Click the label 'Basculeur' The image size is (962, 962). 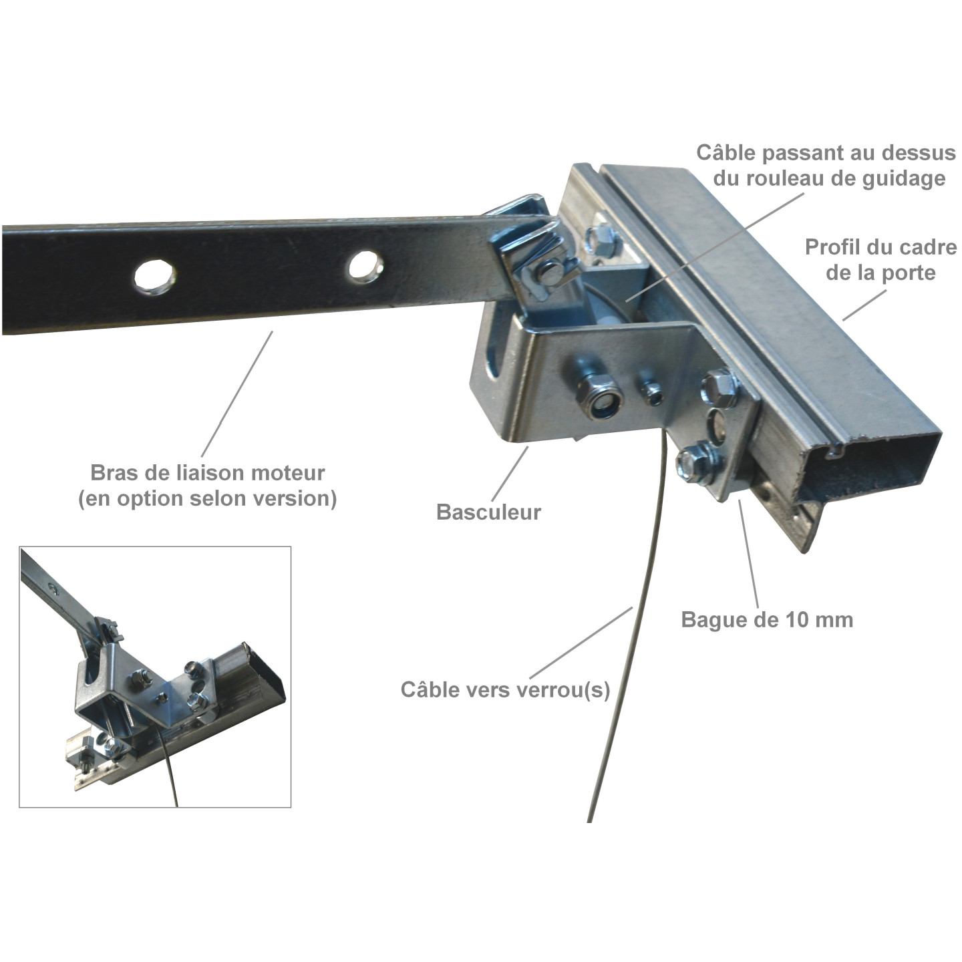pyautogui.click(x=488, y=512)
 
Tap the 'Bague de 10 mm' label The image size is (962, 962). pyautogui.click(x=767, y=620)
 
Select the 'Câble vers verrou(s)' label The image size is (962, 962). pyautogui.click(x=505, y=690)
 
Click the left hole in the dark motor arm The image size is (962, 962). pyautogui.click(x=155, y=276)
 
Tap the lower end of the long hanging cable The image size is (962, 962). pyautogui.click(x=590, y=821)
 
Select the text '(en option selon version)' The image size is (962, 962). pyautogui.click(x=207, y=499)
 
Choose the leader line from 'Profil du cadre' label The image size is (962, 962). pyautogui.click(x=864, y=305)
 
